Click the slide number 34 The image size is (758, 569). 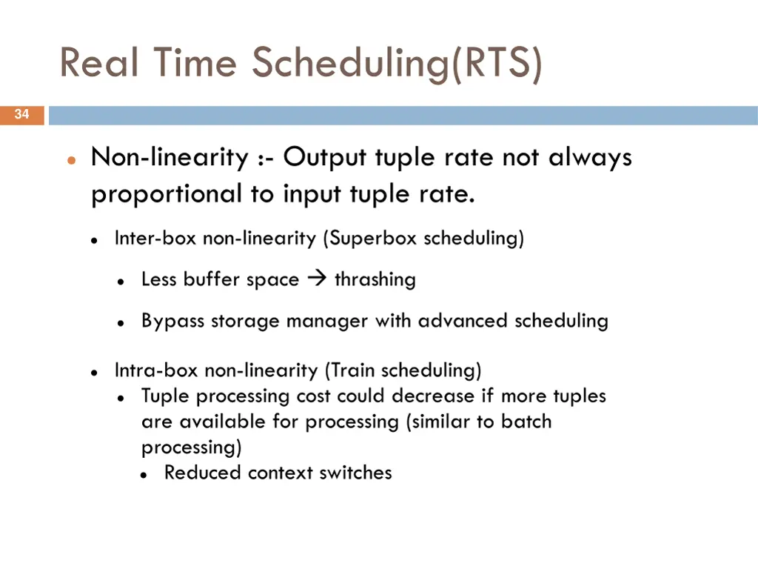tap(21, 115)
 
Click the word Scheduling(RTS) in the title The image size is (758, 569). tap(398, 63)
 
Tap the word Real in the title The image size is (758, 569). tap(99, 63)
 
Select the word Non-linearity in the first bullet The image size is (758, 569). tap(170, 158)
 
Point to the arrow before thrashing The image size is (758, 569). tap(317, 279)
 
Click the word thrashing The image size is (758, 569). tap(375, 280)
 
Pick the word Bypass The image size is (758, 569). tap(173, 322)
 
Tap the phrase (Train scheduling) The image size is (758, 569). tap(403, 370)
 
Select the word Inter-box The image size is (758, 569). tap(156, 239)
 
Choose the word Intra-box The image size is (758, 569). tap(157, 370)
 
